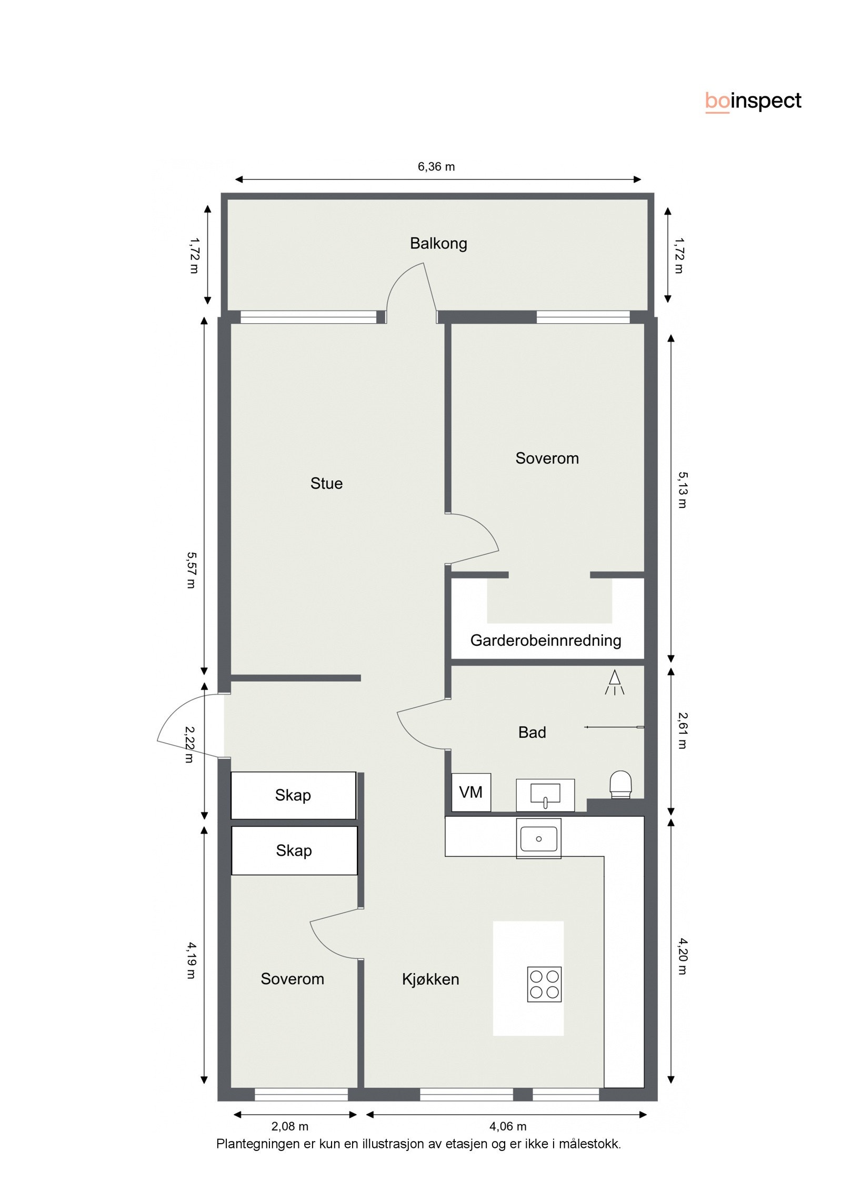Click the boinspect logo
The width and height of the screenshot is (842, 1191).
[x=753, y=101]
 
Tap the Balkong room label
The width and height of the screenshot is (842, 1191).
[x=438, y=243]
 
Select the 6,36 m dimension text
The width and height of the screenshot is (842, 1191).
[x=436, y=167]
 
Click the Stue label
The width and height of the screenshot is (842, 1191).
[x=326, y=483]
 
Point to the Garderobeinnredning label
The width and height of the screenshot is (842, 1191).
[x=546, y=640]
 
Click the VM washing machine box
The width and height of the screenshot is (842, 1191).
[x=470, y=792]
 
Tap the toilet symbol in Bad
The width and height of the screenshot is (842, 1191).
[x=620, y=785]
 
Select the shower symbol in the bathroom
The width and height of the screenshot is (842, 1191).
[x=614, y=683]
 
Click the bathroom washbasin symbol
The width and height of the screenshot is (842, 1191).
[x=545, y=794]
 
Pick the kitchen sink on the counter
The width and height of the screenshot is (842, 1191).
[x=538, y=838]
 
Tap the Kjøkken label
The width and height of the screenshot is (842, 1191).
[x=430, y=979]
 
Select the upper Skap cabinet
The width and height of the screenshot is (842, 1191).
[x=293, y=795]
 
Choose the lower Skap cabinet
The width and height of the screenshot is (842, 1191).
[x=294, y=850]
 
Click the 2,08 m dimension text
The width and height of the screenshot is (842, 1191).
[x=290, y=1126]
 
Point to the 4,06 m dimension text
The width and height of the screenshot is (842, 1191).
[x=508, y=1126]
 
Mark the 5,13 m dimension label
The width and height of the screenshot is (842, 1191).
[x=682, y=489]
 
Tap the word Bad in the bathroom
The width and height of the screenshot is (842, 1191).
[x=532, y=732]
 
